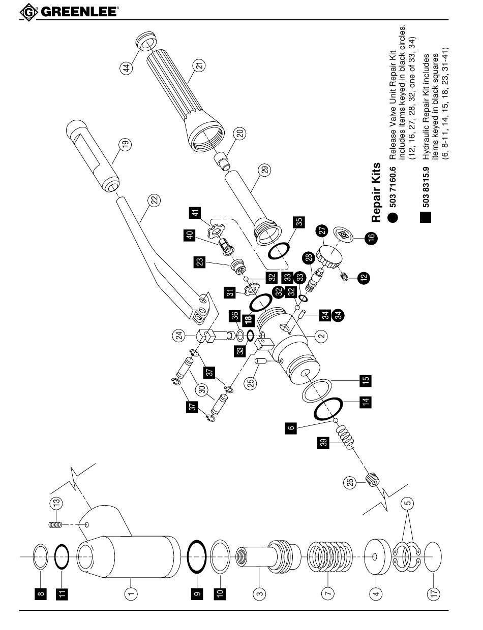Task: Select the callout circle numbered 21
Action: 199,65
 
